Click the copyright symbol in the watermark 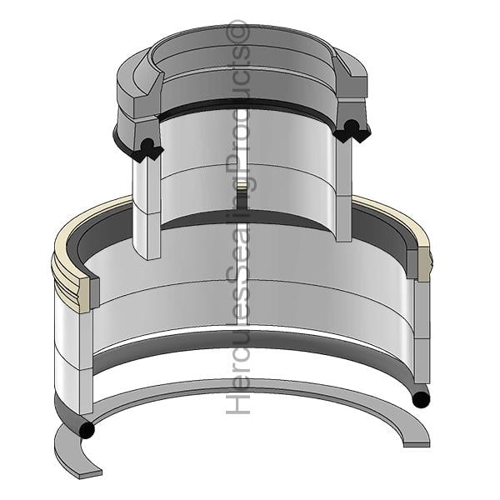tap(237, 31)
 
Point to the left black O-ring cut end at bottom tap(87, 431)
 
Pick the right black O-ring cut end tap(421, 399)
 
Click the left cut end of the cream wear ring tap(84, 295)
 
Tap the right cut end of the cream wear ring tap(424, 264)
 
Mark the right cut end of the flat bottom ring tap(417, 444)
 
